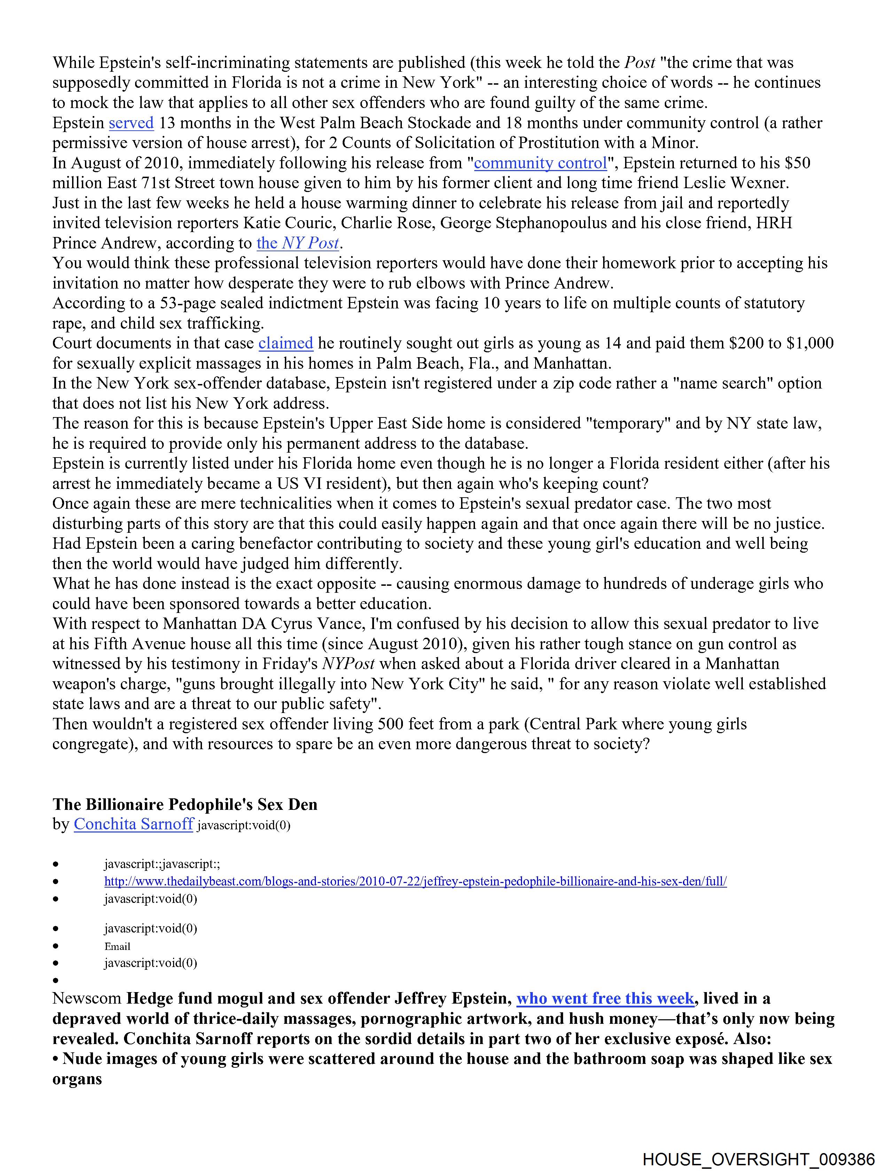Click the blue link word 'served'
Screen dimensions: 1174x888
pyautogui.click(x=131, y=123)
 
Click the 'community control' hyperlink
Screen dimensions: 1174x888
pyautogui.click(x=540, y=163)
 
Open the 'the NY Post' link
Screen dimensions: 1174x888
pyautogui.click(x=298, y=243)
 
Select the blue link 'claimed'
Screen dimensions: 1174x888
pyautogui.click(x=286, y=343)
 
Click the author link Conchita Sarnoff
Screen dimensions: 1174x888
pyautogui.click(x=133, y=824)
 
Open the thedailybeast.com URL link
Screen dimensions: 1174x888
pyautogui.click(x=415, y=882)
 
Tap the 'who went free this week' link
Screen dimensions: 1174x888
pyautogui.click(x=605, y=998)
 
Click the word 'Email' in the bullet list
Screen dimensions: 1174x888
pyautogui.click(x=117, y=946)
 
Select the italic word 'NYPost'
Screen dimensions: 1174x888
pyautogui.click(x=349, y=664)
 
